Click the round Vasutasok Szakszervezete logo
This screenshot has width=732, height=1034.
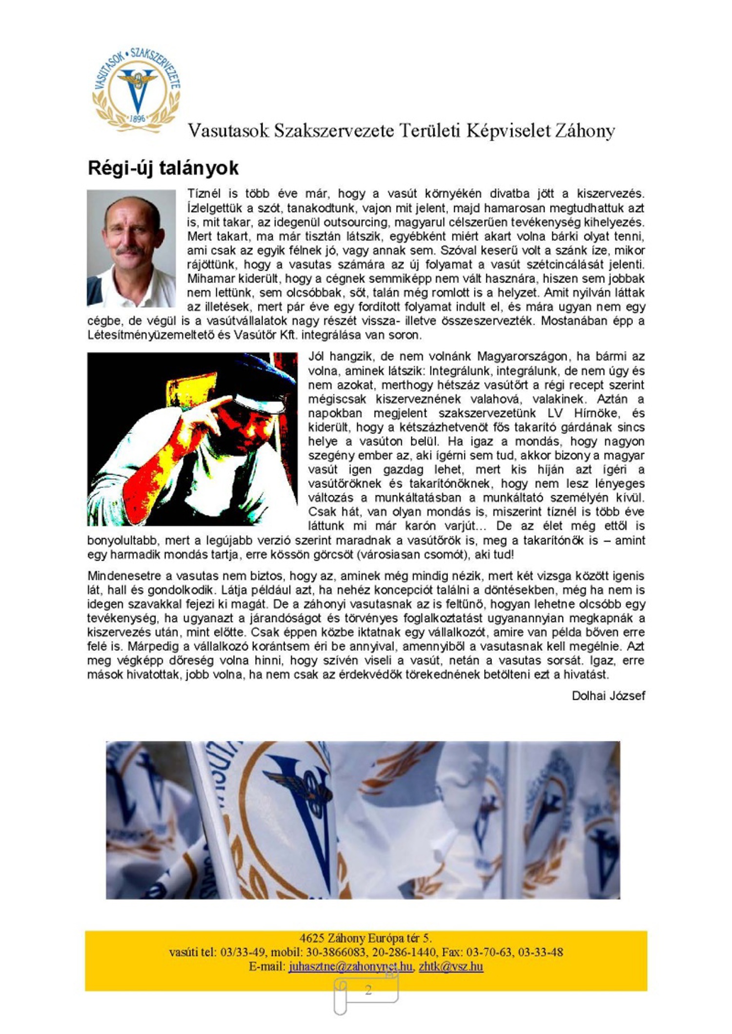pyautogui.click(x=137, y=90)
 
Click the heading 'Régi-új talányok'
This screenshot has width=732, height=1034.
pyautogui.click(x=163, y=168)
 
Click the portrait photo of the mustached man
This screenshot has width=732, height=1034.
pyautogui.click(x=131, y=248)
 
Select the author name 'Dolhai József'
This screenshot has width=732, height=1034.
pyautogui.click(x=608, y=696)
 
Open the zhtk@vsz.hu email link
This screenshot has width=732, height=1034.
pyautogui.click(x=451, y=966)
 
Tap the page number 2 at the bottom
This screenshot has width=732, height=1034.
pyautogui.click(x=368, y=990)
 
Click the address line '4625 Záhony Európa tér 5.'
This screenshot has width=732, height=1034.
pyautogui.click(x=366, y=938)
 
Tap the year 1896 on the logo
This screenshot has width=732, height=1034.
pyautogui.click(x=138, y=119)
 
